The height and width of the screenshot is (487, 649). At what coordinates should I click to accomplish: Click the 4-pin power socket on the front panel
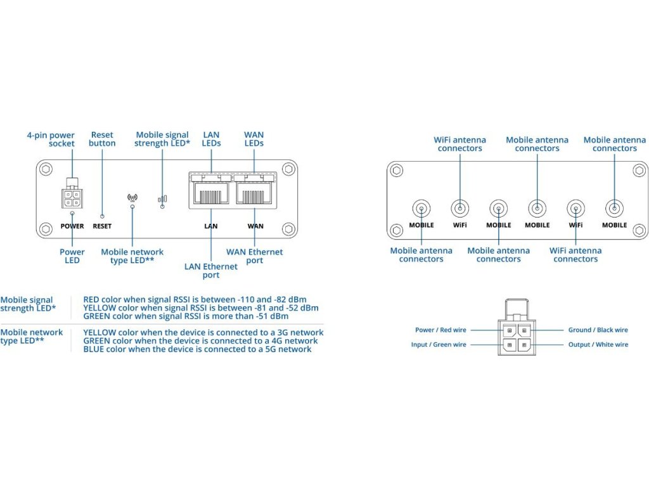(72, 197)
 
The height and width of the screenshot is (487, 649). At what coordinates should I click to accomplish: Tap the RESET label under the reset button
(102, 226)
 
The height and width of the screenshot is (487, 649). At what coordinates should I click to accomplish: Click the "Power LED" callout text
(72, 256)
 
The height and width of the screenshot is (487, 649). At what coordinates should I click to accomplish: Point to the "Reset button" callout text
(102, 139)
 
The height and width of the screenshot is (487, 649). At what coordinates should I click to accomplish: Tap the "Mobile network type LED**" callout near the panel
(132, 256)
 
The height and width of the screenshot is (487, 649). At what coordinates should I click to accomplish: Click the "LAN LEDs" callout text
(211, 139)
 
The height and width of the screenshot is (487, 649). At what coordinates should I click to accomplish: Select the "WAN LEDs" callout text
(254, 139)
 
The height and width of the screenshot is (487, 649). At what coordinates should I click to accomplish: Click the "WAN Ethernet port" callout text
(255, 256)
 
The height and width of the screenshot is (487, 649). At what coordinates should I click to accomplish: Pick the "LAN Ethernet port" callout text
(211, 271)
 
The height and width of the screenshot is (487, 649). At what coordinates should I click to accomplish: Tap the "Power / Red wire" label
(440, 330)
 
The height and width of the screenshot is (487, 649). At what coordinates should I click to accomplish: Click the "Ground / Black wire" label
(598, 330)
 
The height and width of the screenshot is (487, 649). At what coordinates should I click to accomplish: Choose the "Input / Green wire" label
(439, 344)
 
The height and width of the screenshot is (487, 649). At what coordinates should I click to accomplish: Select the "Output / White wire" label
(598, 344)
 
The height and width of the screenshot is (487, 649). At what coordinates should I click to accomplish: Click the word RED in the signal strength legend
(91, 300)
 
